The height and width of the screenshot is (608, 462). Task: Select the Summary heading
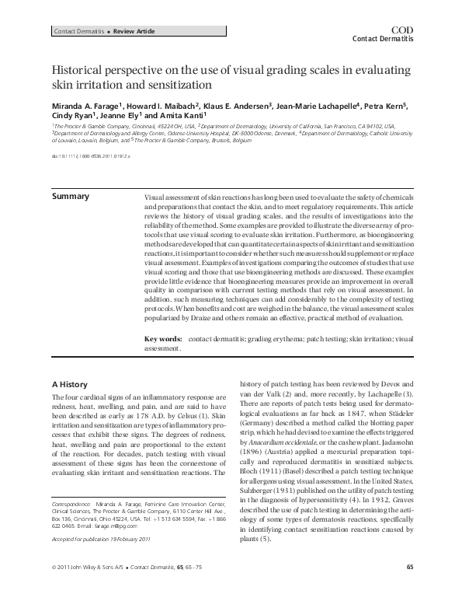(70, 196)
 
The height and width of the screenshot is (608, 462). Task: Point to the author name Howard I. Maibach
(162, 106)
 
